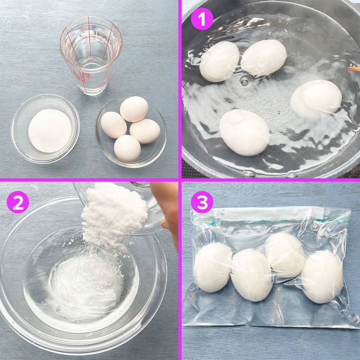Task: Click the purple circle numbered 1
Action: (202, 19)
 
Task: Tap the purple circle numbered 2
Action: (18, 202)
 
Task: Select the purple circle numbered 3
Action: (202, 202)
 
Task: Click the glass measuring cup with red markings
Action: (91, 55)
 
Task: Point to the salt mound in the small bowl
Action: (50, 131)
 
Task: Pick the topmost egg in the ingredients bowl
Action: (134, 109)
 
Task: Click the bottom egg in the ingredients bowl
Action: (128, 148)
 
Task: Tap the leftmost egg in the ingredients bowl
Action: (114, 125)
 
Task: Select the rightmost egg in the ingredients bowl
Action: (145, 131)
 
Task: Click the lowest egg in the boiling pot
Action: (244, 133)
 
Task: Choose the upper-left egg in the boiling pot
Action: (219, 62)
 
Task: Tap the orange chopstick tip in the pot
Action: (354, 68)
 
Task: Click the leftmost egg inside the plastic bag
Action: (213, 267)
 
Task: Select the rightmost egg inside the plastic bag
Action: (322, 277)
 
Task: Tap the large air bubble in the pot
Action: (245, 81)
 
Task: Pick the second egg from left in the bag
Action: (251, 275)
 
